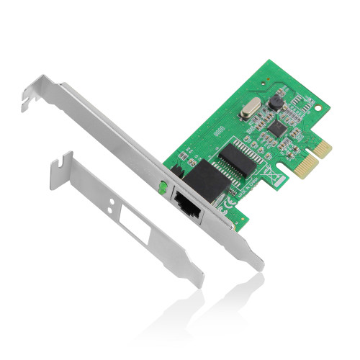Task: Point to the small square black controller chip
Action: coord(277,129)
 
